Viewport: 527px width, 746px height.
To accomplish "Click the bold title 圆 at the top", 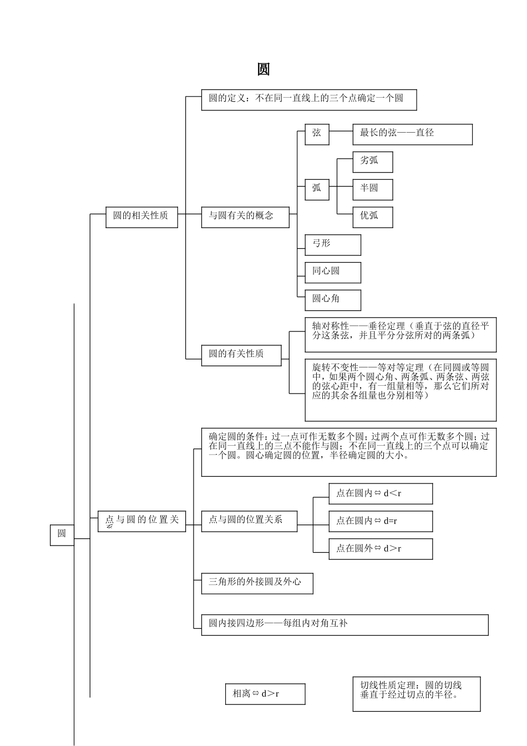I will pyautogui.click(x=263, y=69).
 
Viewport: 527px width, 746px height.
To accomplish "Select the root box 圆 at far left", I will pyautogui.click(x=62, y=534).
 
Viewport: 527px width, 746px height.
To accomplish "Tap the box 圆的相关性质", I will pyautogui.click(x=141, y=216).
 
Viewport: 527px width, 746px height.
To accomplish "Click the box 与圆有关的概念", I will pyautogui.click(x=245, y=216).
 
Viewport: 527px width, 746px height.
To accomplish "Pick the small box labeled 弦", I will pyautogui.click(x=317, y=134).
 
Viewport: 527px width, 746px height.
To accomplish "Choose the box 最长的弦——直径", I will pyautogui.click(x=412, y=134).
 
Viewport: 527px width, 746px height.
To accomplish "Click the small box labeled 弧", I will pyautogui.click(x=317, y=189).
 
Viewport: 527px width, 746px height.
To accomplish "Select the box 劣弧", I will pyautogui.click(x=372, y=162).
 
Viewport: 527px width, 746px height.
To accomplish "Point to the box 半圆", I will pyautogui.click(x=372, y=189).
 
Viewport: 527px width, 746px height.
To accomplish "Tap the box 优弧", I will pyautogui.click(x=372, y=216).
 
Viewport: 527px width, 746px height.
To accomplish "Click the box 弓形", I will pyautogui.click(x=332, y=244).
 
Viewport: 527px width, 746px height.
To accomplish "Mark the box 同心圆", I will pyautogui.click(x=332, y=272).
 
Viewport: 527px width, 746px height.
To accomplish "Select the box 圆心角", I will pyautogui.click(x=332, y=300).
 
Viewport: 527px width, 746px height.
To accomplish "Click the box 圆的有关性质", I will pyautogui.click(x=241, y=354).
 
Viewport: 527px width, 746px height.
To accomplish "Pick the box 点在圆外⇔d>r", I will pyautogui.click(x=380, y=548).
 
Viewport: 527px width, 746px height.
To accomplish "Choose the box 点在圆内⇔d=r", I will pyautogui.click(x=380, y=521).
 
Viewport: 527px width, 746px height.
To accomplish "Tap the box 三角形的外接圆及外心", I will pyautogui.click(x=257, y=583).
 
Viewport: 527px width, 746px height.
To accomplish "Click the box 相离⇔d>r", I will pyautogui.click(x=265, y=694).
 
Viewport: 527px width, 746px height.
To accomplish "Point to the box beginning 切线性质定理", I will pyautogui.click(x=416, y=693).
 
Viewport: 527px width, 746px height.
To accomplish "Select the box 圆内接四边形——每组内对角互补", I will pyautogui.click(x=344, y=624).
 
